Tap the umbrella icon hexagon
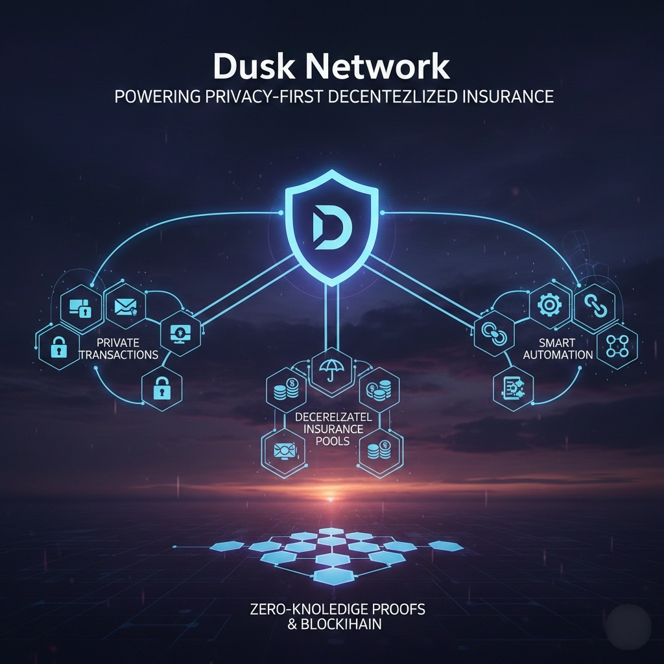tap(331, 372)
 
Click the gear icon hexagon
tap(549, 303)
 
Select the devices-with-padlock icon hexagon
tap(80, 306)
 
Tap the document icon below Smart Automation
tap(513, 389)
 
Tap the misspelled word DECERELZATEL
tap(330, 417)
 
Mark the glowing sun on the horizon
tap(331, 498)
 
